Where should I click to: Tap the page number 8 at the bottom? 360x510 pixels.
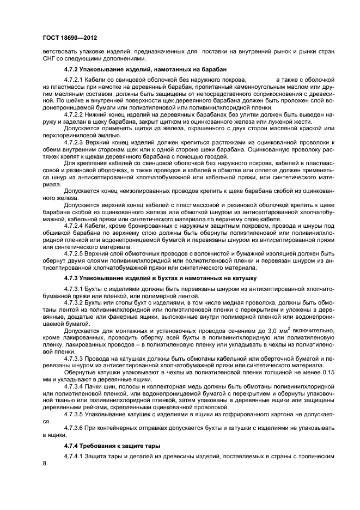click(x=45, y=463)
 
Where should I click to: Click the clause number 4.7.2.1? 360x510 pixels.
click(x=75, y=79)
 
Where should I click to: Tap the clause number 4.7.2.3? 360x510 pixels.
click(x=75, y=142)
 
